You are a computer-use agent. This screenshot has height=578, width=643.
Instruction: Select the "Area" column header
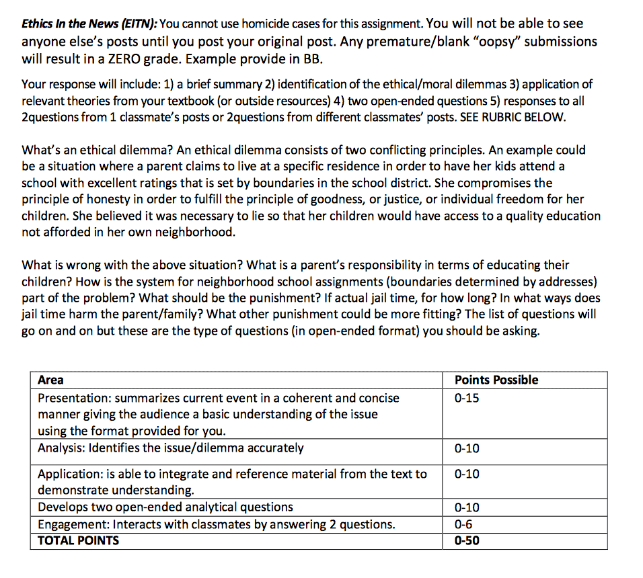point(51,380)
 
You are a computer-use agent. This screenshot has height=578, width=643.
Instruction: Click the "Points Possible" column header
point(496,380)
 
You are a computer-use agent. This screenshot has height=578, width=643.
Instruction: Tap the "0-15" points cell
point(467,398)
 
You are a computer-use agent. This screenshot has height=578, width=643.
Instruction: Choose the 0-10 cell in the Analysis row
point(467,448)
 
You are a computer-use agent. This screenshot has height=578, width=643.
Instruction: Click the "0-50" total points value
point(467,540)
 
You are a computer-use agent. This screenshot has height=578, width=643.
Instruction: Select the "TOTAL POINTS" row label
point(79,540)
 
